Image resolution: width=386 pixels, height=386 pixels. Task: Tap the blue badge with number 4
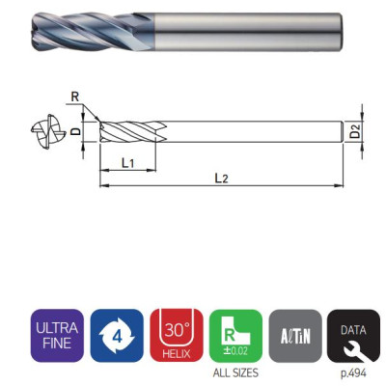117,336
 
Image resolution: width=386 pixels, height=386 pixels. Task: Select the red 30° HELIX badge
177,336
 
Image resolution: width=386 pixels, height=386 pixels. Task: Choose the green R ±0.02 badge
236,336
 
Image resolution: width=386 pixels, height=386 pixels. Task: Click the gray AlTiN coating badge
295,336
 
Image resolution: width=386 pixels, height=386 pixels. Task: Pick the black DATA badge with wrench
354,336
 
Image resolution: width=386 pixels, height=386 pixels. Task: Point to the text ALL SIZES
236,372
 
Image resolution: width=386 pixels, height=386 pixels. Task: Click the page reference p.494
354,372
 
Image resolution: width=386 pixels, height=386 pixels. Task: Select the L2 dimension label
221,178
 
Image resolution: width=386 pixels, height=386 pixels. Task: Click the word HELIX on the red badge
177,352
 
